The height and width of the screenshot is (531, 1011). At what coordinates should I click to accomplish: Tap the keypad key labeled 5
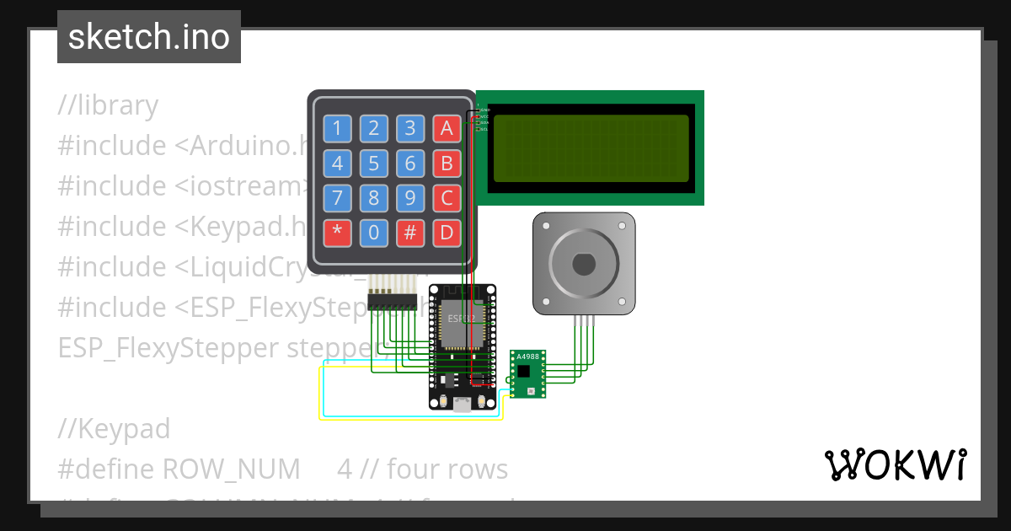click(374, 164)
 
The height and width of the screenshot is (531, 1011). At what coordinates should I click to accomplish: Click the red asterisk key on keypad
click(338, 233)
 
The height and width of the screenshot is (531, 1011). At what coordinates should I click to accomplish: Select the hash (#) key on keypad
click(410, 233)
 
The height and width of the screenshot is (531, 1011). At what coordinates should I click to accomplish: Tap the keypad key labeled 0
click(374, 233)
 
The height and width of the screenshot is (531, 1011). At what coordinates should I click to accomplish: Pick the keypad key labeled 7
click(338, 198)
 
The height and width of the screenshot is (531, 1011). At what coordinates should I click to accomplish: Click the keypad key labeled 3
click(410, 129)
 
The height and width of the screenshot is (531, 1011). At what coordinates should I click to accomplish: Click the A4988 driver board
click(527, 373)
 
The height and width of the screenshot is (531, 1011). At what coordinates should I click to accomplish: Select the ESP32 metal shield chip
click(460, 324)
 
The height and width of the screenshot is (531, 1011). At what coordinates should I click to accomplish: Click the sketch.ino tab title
click(148, 37)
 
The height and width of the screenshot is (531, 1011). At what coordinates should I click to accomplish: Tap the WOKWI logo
click(895, 465)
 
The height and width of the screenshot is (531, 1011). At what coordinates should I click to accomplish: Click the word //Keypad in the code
click(114, 429)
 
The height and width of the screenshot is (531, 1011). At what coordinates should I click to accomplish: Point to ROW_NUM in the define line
click(231, 469)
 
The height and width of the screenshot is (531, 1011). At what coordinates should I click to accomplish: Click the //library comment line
click(108, 105)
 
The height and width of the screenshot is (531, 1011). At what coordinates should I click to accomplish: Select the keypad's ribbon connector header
click(393, 303)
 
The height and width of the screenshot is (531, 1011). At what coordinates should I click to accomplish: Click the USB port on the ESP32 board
click(462, 405)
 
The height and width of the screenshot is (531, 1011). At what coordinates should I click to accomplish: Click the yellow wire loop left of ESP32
click(320, 396)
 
